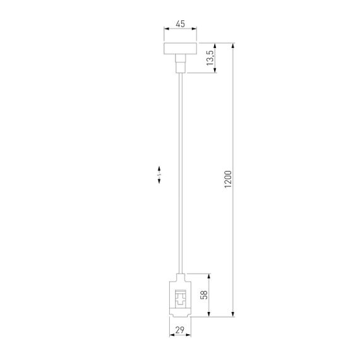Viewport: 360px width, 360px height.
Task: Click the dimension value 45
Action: pyautogui.click(x=180, y=23)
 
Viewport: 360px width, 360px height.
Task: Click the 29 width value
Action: pyautogui.click(x=180, y=330)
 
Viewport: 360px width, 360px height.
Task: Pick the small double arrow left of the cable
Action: pyautogui.click(x=160, y=174)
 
